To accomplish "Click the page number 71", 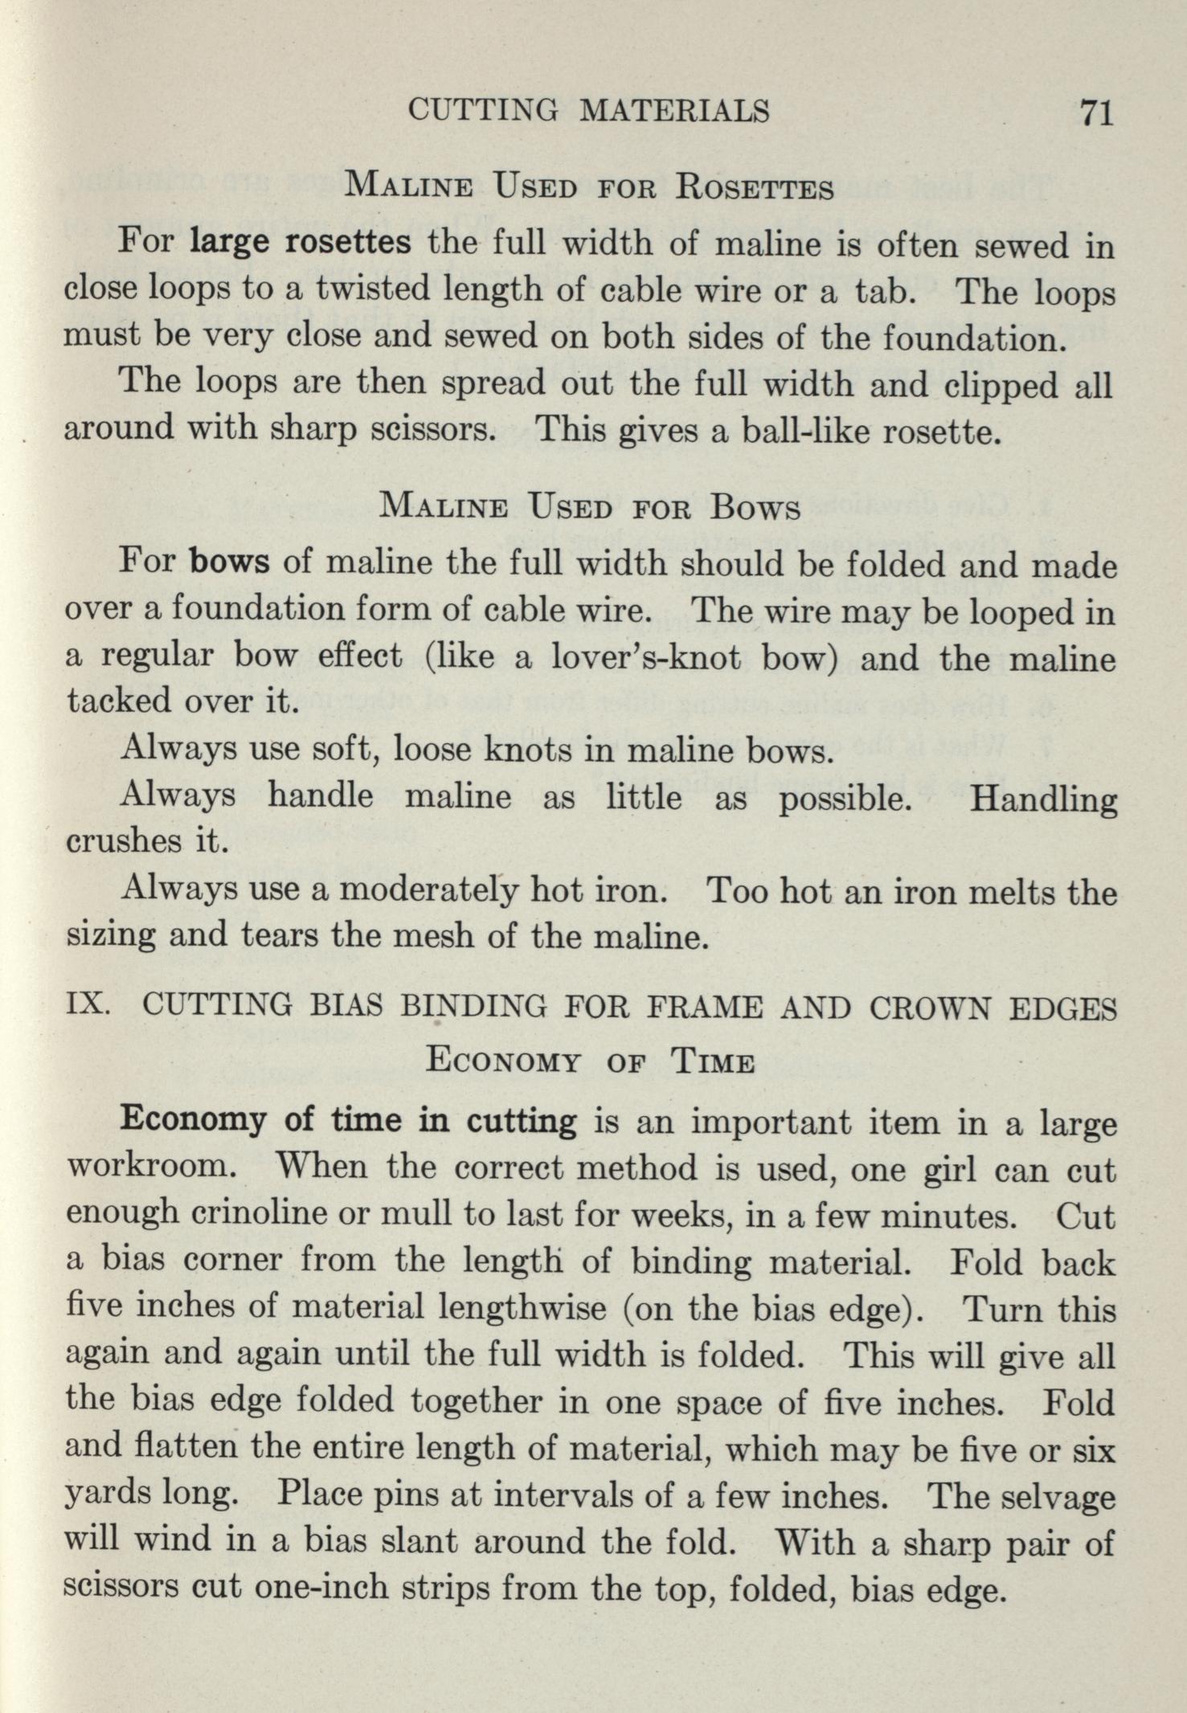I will [1096, 111].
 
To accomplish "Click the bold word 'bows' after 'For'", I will [230, 560].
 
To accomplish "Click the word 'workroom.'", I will [149, 1167].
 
